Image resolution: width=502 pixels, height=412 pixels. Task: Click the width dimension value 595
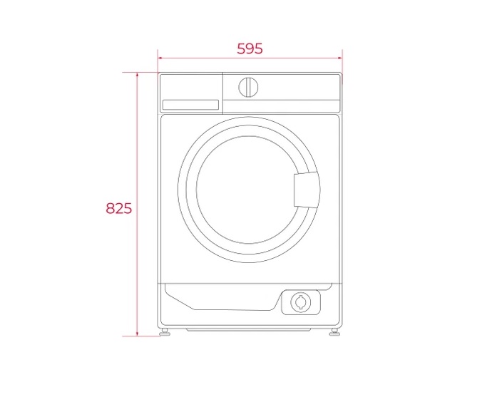click(250, 48)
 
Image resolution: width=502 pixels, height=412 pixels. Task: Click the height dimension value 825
click(119, 208)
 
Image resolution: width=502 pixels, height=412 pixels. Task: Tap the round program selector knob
click(248, 87)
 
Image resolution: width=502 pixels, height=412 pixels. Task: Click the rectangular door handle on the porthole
click(307, 190)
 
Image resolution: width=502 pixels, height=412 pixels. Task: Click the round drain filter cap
click(301, 302)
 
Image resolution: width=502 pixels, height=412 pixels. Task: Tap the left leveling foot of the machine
click(165, 332)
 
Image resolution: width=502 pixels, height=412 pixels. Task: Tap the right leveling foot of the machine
click(334, 332)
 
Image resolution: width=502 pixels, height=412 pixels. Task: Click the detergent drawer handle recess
click(190, 105)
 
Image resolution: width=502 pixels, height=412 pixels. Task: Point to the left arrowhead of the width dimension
click(160, 58)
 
